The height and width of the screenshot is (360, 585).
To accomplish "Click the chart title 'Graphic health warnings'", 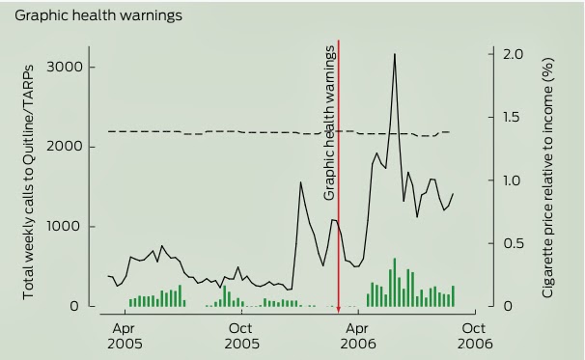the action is (98, 16).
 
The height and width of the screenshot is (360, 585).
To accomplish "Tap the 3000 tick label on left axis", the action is (65, 68).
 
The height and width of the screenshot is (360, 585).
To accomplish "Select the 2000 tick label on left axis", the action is (65, 147).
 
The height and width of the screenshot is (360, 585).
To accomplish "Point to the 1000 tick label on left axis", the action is (65, 226).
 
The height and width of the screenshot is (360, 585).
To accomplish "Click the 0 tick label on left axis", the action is (74, 306).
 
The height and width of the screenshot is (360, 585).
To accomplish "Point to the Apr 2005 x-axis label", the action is (125, 336).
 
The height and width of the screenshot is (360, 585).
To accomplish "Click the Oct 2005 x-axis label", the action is (241, 336).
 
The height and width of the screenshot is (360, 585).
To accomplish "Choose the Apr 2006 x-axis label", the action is (358, 336).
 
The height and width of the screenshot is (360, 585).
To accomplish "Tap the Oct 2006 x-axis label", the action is (475, 336).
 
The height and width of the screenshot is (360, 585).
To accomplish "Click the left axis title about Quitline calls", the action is (29, 182).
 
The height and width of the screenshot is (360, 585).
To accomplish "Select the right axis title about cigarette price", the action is (546, 178).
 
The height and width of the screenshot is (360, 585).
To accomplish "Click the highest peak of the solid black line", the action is (395, 54).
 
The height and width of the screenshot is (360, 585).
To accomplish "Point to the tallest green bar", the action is (395, 283).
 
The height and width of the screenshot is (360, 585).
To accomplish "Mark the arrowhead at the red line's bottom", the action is (339, 310).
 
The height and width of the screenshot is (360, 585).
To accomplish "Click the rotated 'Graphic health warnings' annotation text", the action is (329, 124).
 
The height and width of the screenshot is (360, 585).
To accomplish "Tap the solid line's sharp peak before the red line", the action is (301, 182).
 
